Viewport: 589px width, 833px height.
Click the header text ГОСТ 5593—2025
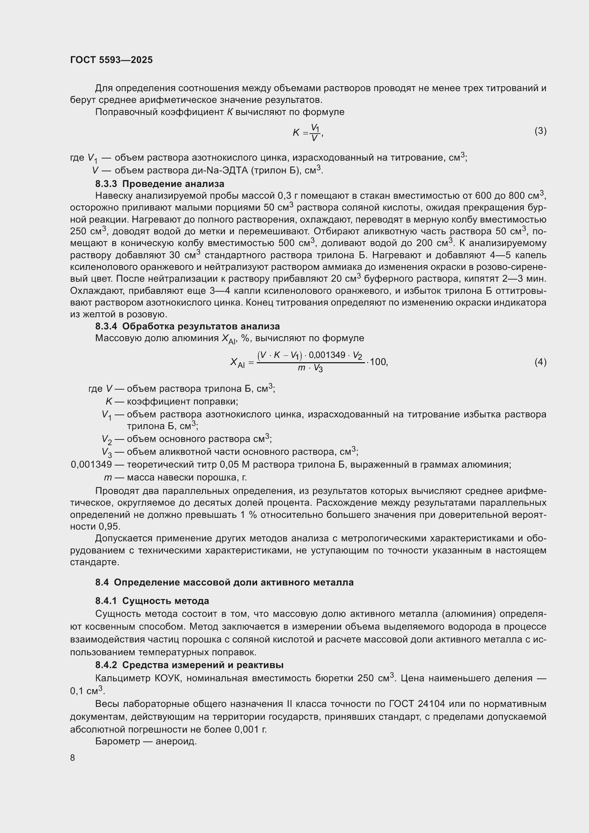click(111, 60)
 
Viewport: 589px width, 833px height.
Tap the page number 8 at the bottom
click(73, 757)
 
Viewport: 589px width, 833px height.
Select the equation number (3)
click(541, 131)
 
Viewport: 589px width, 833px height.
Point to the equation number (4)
click(541, 362)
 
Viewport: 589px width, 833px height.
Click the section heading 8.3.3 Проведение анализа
click(160, 183)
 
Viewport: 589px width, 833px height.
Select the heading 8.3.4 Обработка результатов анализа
click(187, 326)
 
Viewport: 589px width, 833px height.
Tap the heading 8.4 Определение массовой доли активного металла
click(224, 582)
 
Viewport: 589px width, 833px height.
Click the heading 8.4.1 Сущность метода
click(152, 601)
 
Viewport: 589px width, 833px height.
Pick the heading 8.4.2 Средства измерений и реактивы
click(189, 665)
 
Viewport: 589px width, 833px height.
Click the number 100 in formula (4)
click(378, 362)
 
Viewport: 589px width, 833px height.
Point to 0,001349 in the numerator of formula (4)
click(327, 355)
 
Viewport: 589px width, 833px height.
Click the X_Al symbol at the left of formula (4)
click(238, 363)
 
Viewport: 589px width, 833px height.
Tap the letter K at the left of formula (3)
click(296, 132)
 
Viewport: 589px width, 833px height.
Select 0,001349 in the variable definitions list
click(91, 464)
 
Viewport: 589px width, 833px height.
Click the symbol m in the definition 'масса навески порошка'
click(108, 478)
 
